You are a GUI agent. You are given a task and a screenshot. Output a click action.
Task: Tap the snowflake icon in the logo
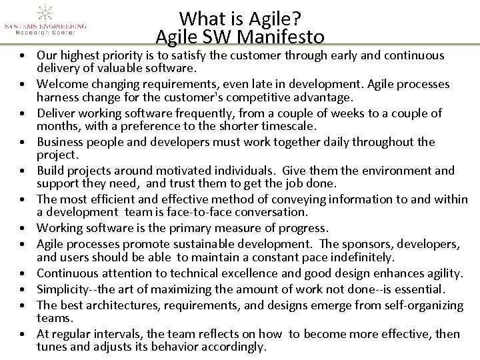tap(45, 11)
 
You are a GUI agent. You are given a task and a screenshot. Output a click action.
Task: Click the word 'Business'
tap(61, 142)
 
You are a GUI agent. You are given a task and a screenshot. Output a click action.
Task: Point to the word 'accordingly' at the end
tap(235, 347)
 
